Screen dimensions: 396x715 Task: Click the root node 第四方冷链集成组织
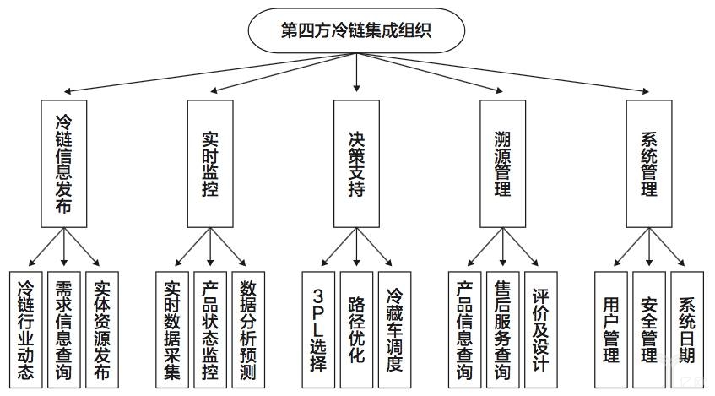pyautogui.click(x=357, y=31)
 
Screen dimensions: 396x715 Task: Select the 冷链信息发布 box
pyautogui.click(x=65, y=163)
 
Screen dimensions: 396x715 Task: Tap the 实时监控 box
pyautogui.click(x=210, y=163)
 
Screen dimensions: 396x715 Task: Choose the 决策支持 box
pyautogui.click(x=356, y=163)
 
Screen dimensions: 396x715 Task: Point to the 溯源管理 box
pyautogui.click(x=503, y=163)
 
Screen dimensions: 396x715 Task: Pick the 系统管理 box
pyautogui.click(x=648, y=163)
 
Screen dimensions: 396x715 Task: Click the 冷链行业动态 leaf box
pyautogui.click(x=27, y=328)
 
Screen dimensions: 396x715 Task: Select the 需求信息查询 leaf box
pyautogui.click(x=64, y=328)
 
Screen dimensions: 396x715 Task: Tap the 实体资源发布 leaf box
pyautogui.click(x=102, y=328)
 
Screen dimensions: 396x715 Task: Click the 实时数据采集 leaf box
pyautogui.click(x=173, y=328)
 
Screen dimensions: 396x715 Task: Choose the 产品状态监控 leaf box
pyautogui.click(x=210, y=328)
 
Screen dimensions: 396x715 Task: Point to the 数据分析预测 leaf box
pyautogui.click(x=248, y=328)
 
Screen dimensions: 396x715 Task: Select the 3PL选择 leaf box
pyautogui.click(x=319, y=328)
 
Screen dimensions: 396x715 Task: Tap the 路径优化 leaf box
pyautogui.click(x=356, y=328)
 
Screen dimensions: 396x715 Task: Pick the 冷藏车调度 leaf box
pyautogui.click(x=394, y=328)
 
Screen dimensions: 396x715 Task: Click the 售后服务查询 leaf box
pyautogui.click(x=503, y=328)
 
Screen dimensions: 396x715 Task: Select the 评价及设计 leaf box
pyautogui.click(x=540, y=328)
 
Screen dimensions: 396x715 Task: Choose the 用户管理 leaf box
pyautogui.click(x=611, y=328)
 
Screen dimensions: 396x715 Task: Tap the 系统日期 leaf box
pyautogui.click(x=686, y=328)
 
